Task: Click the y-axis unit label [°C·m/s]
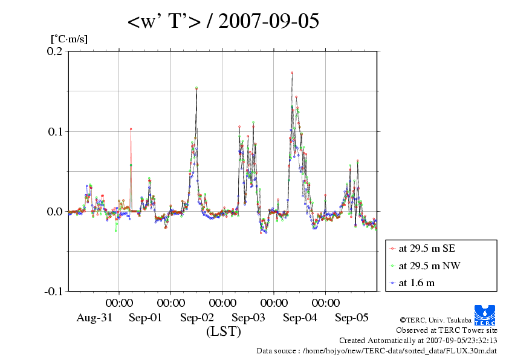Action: pyautogui.click(x=70, y=39)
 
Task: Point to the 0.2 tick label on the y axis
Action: pyautogui.click(x=55, y=51)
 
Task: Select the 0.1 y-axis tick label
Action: pyautogui.click(x=55, y=131)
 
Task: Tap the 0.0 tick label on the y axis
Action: pyautogui.click(x=55, y=211)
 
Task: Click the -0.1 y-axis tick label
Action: pyautogui.click(x=53, y=291)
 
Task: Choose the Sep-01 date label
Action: pyautogui.click(x=145, y=318)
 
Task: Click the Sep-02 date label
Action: pyautogui.click(x=197, y=318)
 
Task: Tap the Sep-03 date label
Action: pyautogui.click(x=248, y=318)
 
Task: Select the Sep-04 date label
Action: pyautogui.click(x=300, y=318)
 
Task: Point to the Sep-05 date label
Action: pyautogui.click(x=352, y=318)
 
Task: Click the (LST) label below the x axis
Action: pyautogui.click(x=223, y=332)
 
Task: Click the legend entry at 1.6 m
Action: pyautogui.click(x=417, y=283)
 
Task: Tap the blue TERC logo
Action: pyautogui.click(x=485, y=313)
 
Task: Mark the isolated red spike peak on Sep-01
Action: pyautogui.click(x=131, y=129)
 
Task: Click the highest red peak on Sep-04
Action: pyautogui.click(x=292, y=73)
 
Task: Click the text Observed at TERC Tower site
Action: pyautogui.click(x=446, y=330)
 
